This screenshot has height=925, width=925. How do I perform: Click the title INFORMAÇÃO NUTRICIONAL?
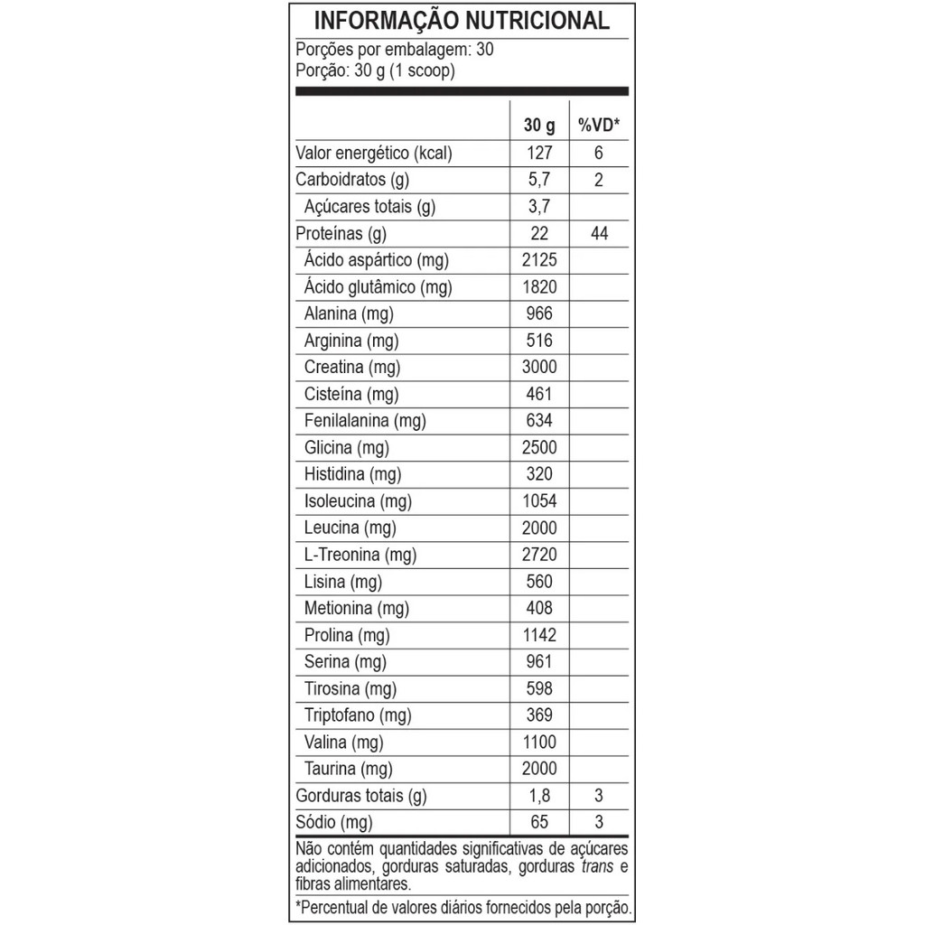pos(462,21)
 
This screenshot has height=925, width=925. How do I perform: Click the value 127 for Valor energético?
pos(539,154)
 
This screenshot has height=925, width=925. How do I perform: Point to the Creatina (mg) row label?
pos(352,368)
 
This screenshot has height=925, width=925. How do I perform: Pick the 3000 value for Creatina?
pos(539,367)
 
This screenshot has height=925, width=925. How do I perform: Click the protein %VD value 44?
pos(599,234)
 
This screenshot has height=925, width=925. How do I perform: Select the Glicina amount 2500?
pos(539,447)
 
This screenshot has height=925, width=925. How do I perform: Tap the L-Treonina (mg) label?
pos(360,555)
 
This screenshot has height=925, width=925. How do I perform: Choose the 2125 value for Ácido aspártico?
pos(539,260)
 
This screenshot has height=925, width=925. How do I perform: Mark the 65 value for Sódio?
pos(539,823)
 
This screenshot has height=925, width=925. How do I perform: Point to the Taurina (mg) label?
pos(349,770)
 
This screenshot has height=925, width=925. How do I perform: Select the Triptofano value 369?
pos(539,715)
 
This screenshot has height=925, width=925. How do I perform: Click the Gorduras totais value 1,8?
pos(539,796)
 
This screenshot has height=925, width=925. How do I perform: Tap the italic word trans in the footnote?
pos(594,867)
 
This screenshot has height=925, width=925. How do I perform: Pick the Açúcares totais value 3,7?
pos(539,207)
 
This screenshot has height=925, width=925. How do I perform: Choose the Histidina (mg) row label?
pos(352,474)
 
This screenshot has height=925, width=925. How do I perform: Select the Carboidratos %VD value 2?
pos(599,180)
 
